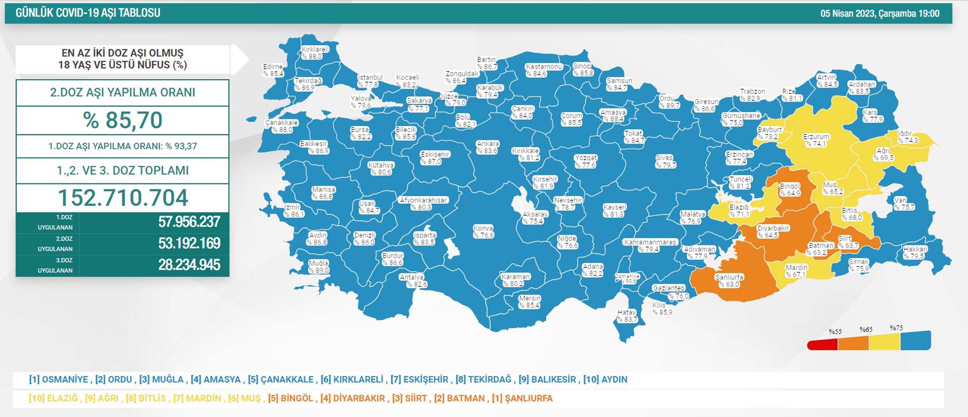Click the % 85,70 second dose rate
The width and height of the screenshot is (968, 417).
coord(123,121)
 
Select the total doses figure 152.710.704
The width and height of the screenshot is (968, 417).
coord(123,198)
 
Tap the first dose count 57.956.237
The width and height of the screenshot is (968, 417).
coord(189,222)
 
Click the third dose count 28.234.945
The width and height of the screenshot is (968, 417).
coord(189,265)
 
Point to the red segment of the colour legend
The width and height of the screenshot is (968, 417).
coord(822,345)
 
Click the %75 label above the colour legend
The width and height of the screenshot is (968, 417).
coord(896,328)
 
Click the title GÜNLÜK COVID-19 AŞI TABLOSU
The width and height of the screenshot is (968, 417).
coord(88,13)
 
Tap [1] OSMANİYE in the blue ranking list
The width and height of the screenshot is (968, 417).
coord(59,379)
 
